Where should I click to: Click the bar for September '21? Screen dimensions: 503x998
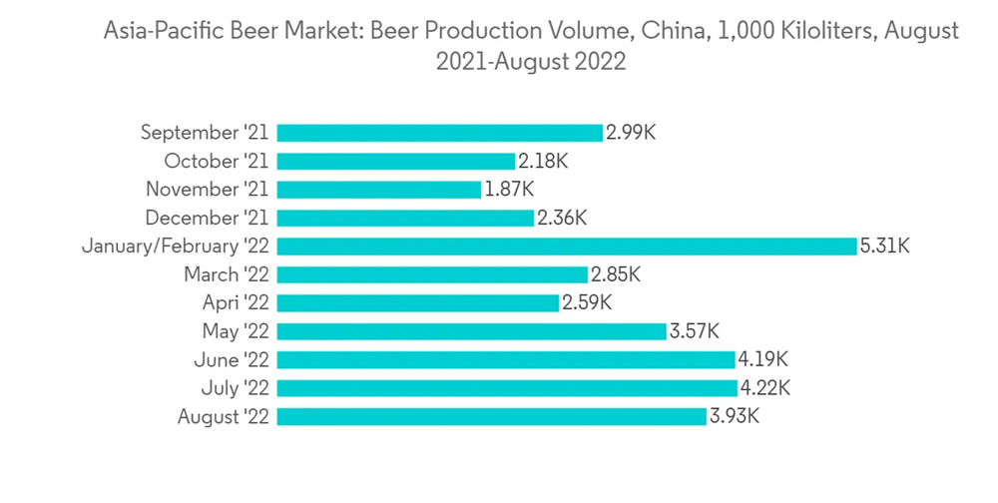(439, 133)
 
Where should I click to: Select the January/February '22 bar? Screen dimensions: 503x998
(567, 247)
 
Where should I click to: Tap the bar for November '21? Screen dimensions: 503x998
(378, 190)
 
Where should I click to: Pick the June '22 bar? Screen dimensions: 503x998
(507, 359)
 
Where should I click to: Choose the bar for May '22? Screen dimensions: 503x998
(471, 331)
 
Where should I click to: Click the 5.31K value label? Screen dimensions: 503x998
(884, 247)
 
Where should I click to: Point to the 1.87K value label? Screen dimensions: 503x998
(509, 190)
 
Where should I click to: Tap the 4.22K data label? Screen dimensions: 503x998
(765, 388)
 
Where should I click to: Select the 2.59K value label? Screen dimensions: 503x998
(586, 303)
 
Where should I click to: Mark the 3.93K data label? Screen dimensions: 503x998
(735, 417)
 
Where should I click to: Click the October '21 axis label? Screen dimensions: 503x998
(217, 162)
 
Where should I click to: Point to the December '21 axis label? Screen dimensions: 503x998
(207, 218)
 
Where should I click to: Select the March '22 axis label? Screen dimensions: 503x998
(227, 274)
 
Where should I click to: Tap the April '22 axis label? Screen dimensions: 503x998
(232, 303)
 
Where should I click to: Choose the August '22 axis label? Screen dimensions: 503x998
(223, 417)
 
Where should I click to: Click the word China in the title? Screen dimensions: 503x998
(665, 32)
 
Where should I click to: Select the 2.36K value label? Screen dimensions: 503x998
(562, 218)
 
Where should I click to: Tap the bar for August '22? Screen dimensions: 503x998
(492, 417)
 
